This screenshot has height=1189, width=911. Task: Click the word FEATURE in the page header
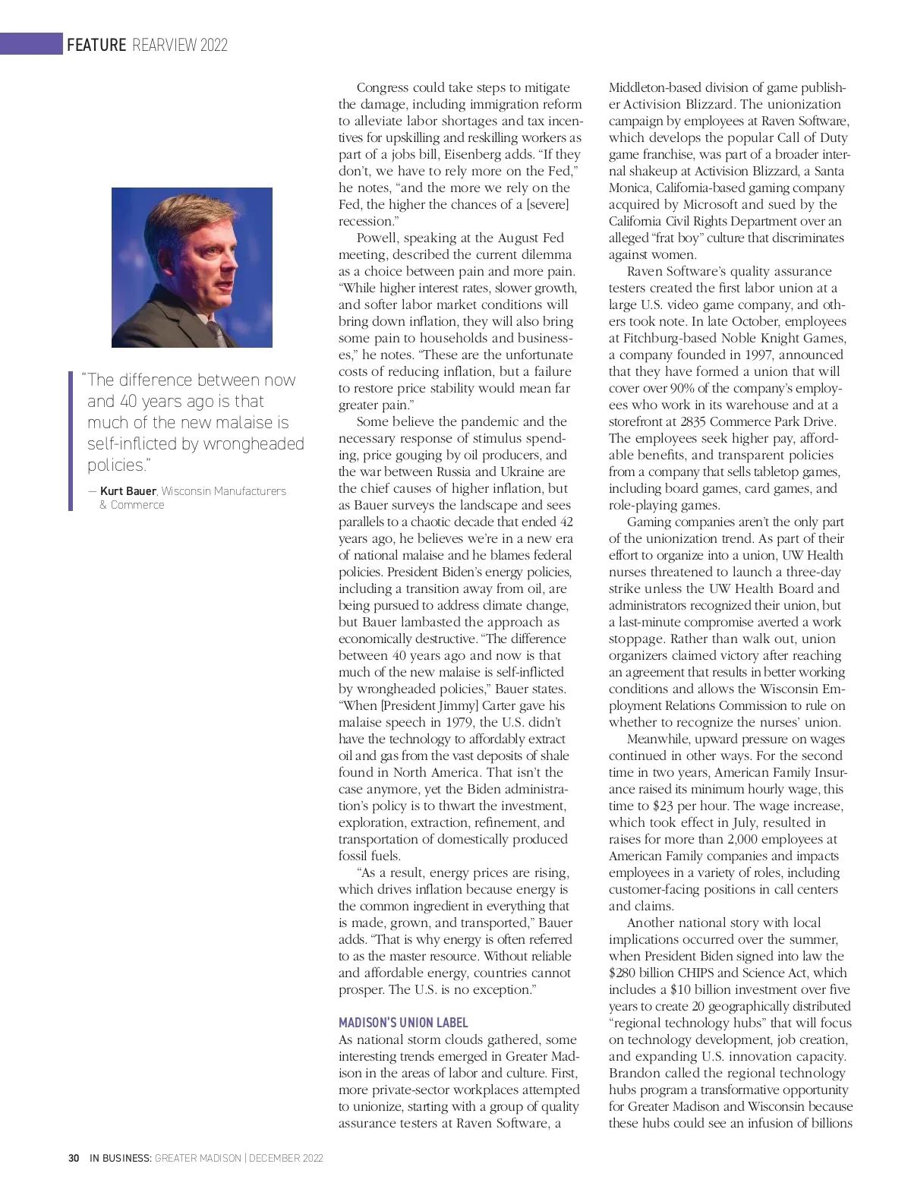point(96,45)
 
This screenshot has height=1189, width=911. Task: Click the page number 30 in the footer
point(74,1158)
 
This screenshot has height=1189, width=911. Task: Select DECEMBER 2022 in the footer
point(285,1158)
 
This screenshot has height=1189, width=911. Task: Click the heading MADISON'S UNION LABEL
point(403,1023)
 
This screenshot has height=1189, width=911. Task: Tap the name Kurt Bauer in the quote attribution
point(128,491)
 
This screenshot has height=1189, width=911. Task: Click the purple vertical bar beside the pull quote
point(71,440)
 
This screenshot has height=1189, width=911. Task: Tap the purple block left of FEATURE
point(30,44)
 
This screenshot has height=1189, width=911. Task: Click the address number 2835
point(696,421)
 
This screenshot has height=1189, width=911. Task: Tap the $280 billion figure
point(641,973)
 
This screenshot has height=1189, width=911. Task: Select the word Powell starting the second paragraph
point(377,238)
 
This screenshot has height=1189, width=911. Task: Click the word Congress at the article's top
point(383,88)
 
